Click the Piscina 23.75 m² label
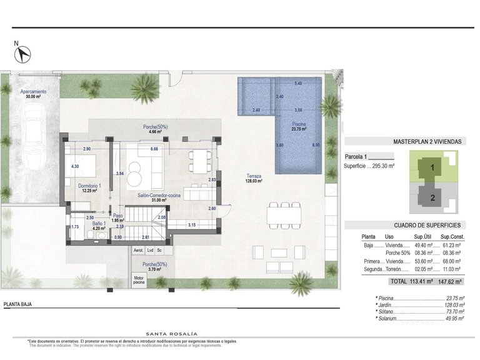coord(299,127)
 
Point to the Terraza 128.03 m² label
coord(254,179)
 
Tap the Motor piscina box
coord(138,279)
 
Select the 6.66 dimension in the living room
coord(154,149)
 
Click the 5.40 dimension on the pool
coord(298,84)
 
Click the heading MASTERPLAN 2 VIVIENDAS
coord(427,142)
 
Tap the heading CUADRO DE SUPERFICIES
coord(427,225)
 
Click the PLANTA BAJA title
coord(17,305)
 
